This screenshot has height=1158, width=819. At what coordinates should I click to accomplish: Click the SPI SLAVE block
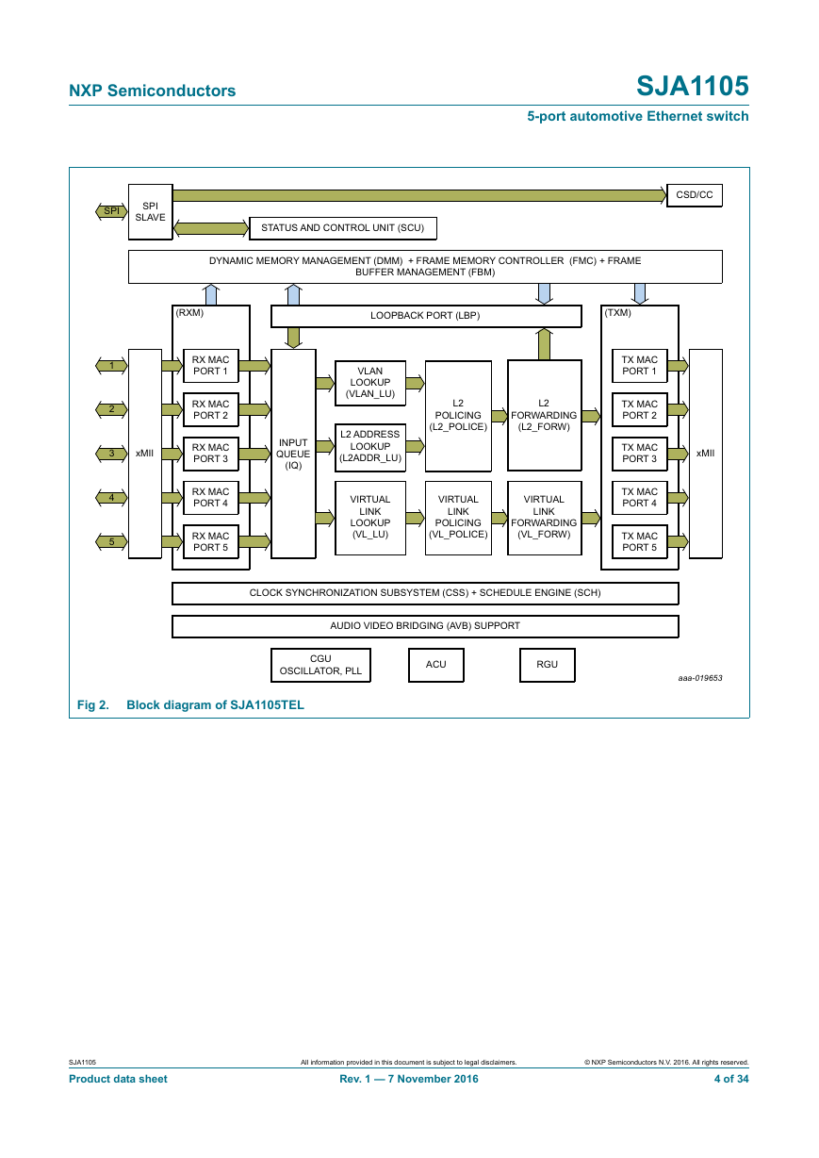click(151, 212)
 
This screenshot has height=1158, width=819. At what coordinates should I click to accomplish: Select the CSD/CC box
click(695, 195)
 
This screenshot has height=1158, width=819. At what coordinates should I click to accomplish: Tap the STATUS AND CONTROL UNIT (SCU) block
click(342, 228)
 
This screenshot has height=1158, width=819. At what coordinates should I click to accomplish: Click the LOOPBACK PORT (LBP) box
click(426, 316)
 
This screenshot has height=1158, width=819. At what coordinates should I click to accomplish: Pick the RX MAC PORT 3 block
click(211, 454)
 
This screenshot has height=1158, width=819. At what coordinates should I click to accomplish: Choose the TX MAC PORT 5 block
click(639, 542)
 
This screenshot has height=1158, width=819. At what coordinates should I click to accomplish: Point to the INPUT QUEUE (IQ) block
click(293, 454)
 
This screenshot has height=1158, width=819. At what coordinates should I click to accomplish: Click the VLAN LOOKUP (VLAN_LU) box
click(370, 383)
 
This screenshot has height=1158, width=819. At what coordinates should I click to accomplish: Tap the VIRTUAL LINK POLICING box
click(458, 518)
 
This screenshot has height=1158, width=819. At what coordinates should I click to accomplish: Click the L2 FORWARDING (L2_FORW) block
click(544, 415)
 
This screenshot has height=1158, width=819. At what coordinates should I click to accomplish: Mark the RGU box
click(548, 665)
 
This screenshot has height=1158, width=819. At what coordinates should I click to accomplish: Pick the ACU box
click(436, 665)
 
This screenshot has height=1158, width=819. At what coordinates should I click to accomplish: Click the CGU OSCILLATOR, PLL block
click(320, 665)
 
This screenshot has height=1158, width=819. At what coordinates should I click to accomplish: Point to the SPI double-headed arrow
click(111, 211)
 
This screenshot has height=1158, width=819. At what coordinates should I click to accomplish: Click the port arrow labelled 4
click(111, 498)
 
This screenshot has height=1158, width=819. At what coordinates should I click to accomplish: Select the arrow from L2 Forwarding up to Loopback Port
click(544, 344)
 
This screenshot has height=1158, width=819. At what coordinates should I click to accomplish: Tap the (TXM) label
click(617, 313)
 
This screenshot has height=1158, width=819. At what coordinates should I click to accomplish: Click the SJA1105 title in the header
click(693, 86)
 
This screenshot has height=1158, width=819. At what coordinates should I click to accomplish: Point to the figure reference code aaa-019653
click(700, 678)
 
